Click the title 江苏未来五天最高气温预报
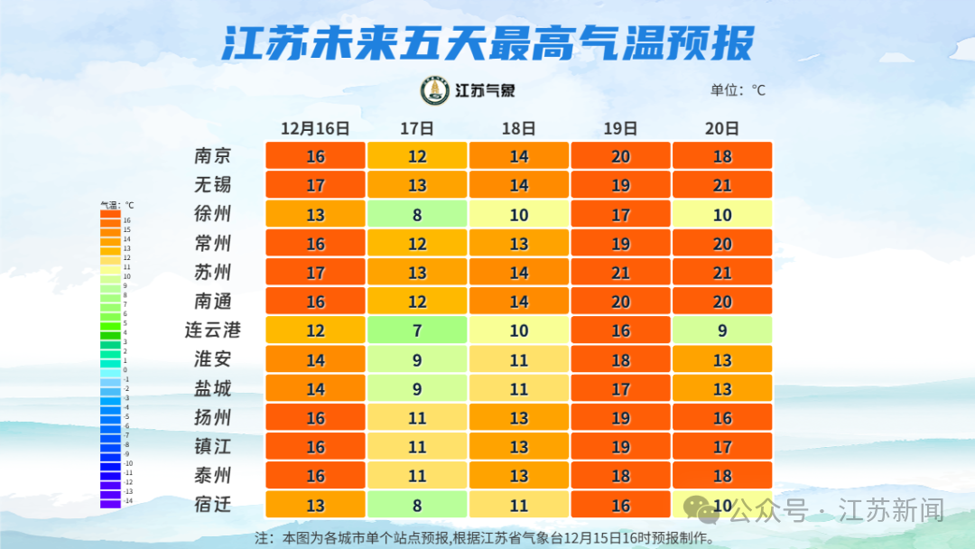487,42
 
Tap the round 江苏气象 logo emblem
435,90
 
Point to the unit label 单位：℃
738,90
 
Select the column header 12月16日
314,128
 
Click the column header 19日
620,128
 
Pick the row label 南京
213,156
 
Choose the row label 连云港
213,330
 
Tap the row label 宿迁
213,505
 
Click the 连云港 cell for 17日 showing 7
417,330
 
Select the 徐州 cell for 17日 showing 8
417,214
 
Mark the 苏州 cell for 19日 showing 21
620,273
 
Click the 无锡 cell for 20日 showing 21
722,185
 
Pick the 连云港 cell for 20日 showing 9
722,330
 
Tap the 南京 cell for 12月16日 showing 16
315,156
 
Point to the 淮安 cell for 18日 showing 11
518,359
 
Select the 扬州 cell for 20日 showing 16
722,418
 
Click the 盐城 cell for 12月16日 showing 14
315,388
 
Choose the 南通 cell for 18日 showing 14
518,302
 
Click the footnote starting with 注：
485,538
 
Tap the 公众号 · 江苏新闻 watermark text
835,510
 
